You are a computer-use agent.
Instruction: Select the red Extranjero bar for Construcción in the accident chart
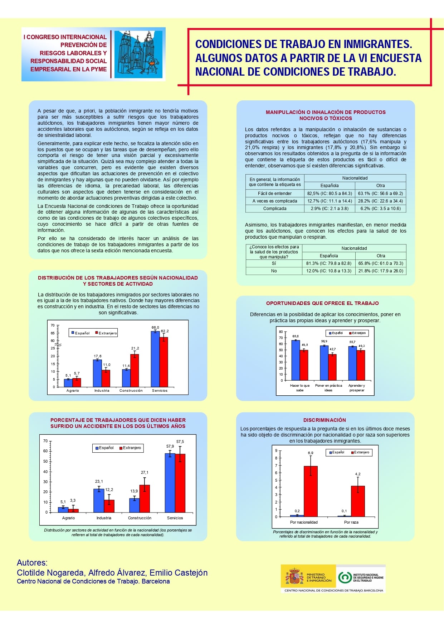tap(145, 499)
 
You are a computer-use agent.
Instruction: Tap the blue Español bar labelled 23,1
tap(99, 500)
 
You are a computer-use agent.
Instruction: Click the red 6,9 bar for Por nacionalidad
tap(311, 491)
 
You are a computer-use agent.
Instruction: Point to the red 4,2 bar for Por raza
tap(357, 501)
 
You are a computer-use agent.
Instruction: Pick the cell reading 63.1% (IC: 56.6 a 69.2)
tap(380, 194)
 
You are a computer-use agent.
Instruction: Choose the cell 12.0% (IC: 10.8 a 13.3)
tap(329, 271)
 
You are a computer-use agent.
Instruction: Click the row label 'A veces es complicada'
tap(275, 201)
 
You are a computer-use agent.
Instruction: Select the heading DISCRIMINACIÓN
tap(325, 420)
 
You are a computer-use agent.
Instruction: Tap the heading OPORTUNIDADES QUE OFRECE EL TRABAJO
tap(322, 303)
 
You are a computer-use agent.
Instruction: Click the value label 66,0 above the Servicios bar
tap(155, 328)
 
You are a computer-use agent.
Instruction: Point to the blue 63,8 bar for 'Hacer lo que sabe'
tap(296, 360)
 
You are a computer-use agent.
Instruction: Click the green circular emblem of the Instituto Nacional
tap(345, 577)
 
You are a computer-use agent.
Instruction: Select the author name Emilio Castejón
tap(179, 573)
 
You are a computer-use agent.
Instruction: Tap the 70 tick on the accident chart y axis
tap(45, 441)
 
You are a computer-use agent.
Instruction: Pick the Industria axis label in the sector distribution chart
tap(102, 391)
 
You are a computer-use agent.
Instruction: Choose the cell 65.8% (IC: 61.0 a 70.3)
tap(381, 263)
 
